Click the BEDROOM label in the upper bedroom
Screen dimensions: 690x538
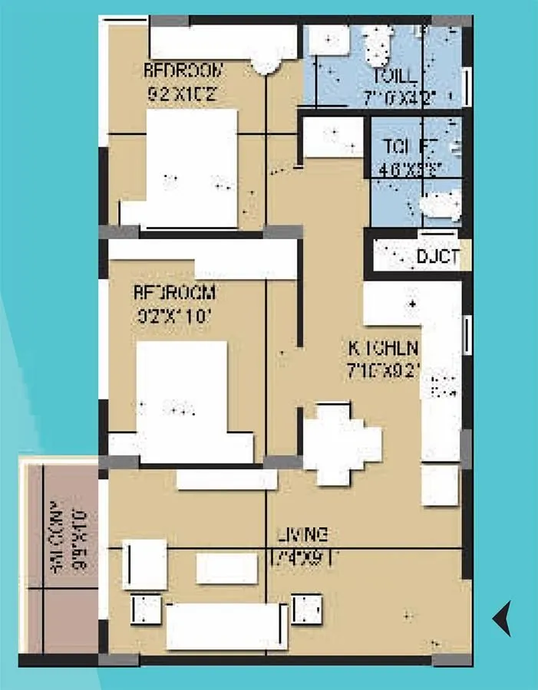coord(184,71)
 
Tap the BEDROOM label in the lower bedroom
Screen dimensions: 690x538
coord(175,293)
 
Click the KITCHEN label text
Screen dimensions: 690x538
coord(384,347)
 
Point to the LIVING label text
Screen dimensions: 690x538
coord(303,534)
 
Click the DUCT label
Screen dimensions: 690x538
coord(437,256)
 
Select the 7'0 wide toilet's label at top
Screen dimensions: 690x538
coord(394,77)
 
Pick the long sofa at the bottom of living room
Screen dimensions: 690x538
coord(226,626)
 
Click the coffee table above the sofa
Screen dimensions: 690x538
coord(226,568)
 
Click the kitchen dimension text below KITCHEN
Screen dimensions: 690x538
coord(384,371)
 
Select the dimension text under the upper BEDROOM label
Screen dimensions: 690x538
coord(184,95)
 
